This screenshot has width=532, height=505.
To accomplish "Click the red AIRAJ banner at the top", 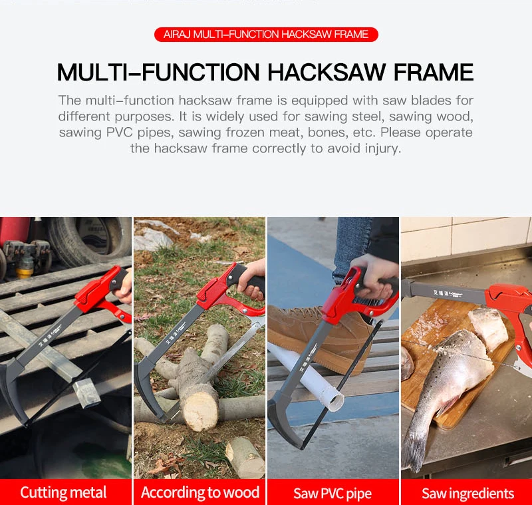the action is pos(266,35).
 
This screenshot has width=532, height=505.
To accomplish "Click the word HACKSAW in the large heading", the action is pos(327,72).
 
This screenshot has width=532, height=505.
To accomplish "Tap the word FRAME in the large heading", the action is pos(434,72).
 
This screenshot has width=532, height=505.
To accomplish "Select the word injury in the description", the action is pos(383,148).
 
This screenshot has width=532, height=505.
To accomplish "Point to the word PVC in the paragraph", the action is pos(119,132).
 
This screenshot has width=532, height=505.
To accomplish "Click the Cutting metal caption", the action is pos(63,492).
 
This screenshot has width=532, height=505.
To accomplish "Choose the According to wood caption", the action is pos(200,492).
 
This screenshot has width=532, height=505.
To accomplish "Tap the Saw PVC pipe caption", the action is pos(332,494).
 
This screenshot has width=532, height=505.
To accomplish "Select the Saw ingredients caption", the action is pos(468,494).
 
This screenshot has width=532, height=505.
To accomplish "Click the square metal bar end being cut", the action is pos(86,393).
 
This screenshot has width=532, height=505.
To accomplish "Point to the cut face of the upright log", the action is pos(200,411).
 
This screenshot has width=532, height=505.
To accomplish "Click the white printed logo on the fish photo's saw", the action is pos(447,293).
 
